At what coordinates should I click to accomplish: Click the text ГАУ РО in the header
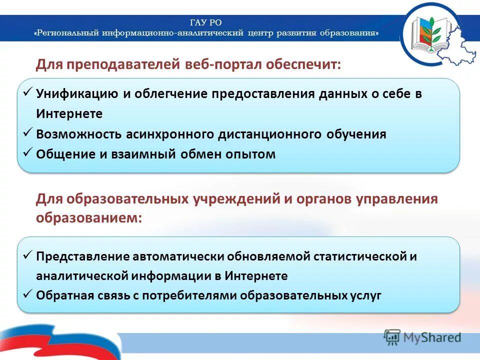coord(206,22)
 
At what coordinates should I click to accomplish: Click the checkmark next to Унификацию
coord(28,92)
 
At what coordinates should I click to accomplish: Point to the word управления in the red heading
coord(396,199)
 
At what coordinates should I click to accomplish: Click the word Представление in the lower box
coord(83,256)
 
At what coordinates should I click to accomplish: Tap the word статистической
coord(357,256)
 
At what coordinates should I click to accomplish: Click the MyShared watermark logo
coord(423,337)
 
